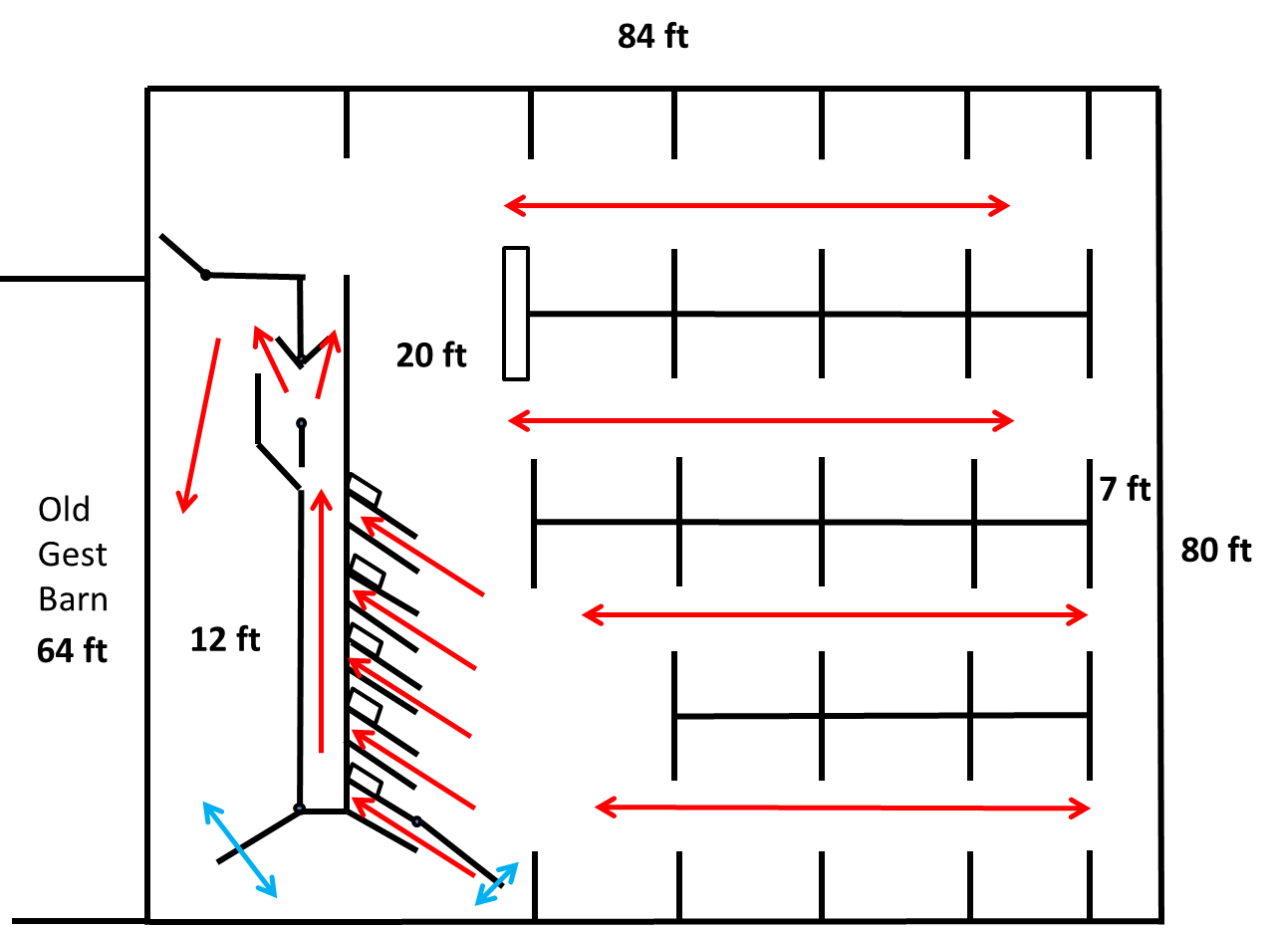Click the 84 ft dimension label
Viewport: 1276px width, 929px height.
click(x=652, y=38)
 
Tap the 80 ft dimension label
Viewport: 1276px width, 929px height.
click(x=1215, y=550)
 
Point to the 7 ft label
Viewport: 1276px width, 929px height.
click(x=1125, y=489)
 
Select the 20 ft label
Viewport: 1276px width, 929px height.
click(x=431, y=355)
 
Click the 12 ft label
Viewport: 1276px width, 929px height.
click(x=225, y=639)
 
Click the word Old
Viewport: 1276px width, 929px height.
click(x=64, y=510)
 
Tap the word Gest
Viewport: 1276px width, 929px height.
click(x=73, y=555)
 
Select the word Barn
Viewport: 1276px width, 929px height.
click(x=73, y=599)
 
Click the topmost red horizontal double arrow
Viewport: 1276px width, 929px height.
click(x=757, y=206)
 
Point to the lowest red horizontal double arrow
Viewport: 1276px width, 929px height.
click(x=843, y=807)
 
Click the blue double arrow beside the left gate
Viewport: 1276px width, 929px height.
click(x=240, y=848)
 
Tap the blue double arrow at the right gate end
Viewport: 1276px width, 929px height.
click(x=496, y=883)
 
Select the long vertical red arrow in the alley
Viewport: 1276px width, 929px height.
click(x=321, y=619)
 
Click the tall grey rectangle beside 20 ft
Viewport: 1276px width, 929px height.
click(x=515, y=313)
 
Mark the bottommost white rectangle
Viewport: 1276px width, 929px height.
click(x=366, y=780)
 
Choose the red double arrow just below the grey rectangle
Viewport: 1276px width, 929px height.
click(x=761, y=420)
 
